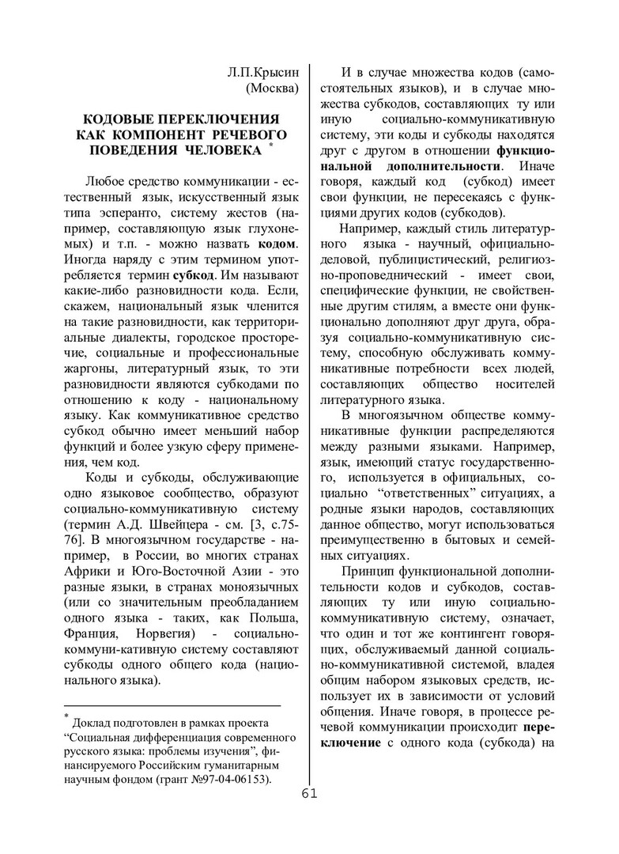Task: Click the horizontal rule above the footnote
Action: pos(172,704)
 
